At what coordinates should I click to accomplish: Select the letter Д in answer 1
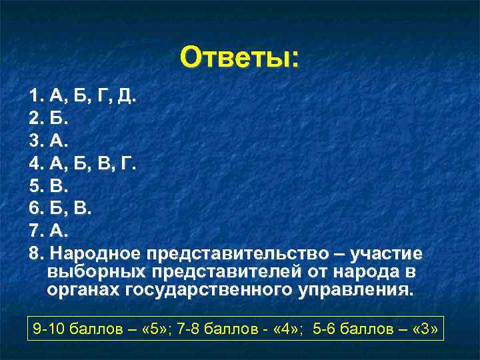pyautogui.click(x=125, y=98)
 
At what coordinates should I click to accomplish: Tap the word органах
pyautogui.click(x=81, y=291)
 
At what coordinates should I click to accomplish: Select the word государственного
pyautogui.click(x=201, y=291)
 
